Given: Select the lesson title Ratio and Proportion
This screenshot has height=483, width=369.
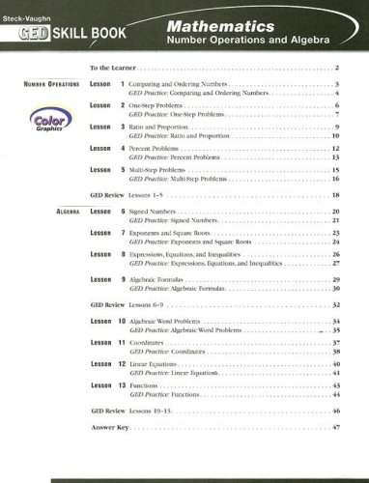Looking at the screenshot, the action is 164,128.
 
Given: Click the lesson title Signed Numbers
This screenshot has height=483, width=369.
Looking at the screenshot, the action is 158,210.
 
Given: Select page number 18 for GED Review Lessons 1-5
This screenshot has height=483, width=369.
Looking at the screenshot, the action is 336,196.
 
